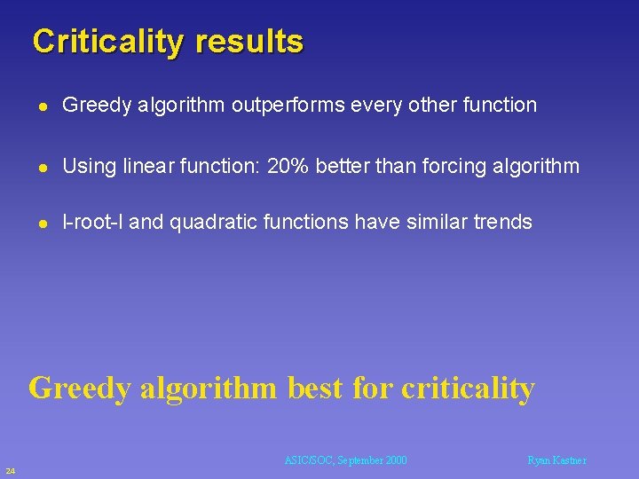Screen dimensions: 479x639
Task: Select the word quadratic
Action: pyautogui.click(x=209, y=222)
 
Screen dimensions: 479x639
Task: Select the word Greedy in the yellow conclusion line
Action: pyautogui.click(x=81, y=388)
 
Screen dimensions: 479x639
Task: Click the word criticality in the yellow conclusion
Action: pyautogui.click(x=468, y=388)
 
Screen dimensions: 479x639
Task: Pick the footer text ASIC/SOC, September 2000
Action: pyautogui.click(x=345, y=460)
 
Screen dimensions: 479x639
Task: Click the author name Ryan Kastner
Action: pyautogui.click(x=556, y=460)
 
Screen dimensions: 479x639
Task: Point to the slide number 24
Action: pyautogui.click(x=9, y=469)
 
